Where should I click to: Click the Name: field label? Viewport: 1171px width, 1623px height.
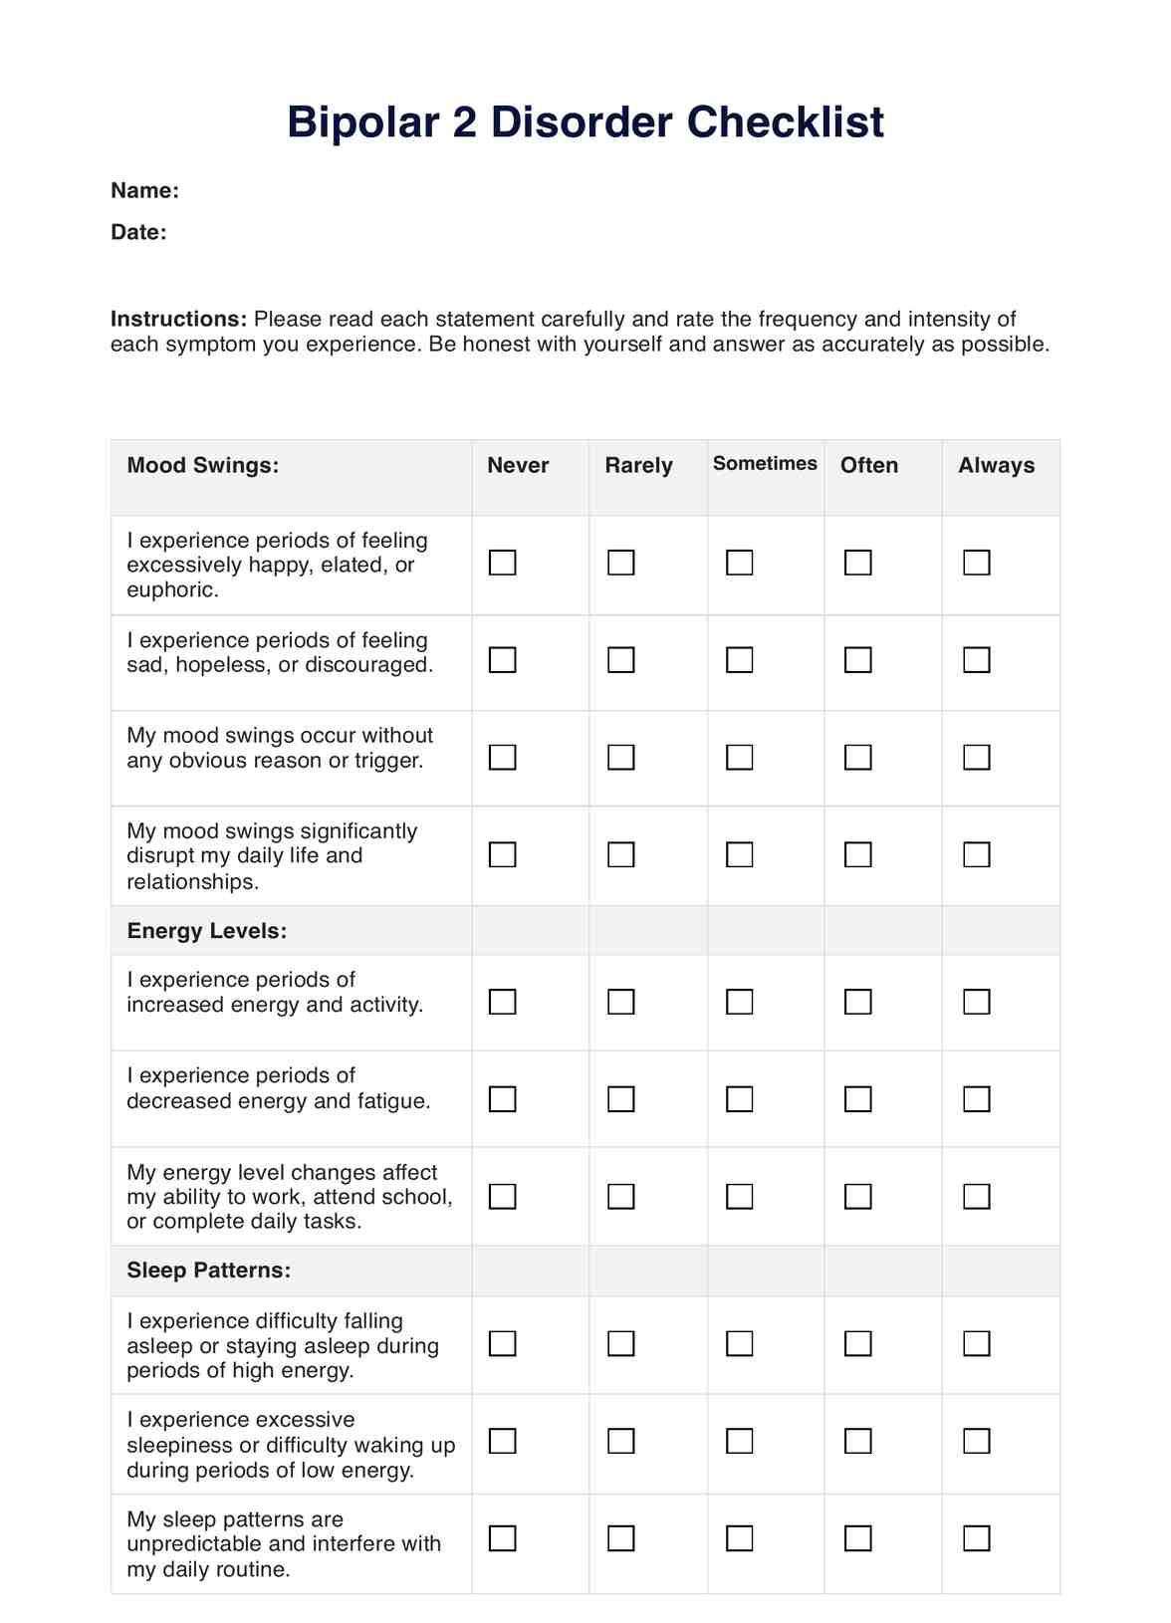[x=144, y=190]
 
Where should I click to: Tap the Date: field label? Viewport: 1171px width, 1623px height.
[x=138, y=232]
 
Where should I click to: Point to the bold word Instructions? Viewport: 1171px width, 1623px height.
[x=178, y=319]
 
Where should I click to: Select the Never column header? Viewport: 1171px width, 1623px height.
[x=518, y=465]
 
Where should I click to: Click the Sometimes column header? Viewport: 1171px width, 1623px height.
[x=765, y=463]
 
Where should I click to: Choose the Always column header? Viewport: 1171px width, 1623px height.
[x=996, y=465]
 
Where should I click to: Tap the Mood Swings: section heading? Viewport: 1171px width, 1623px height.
[x=202, y=465]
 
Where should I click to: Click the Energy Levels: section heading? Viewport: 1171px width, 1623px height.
[x=206, y=931]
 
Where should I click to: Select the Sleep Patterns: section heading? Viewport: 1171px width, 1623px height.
[x=208, y=1271]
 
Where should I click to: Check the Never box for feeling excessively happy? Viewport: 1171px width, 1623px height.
[x=503, y=563]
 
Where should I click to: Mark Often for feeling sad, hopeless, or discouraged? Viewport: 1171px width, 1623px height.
[x=858, y=660]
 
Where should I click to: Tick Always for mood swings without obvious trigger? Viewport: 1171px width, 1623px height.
[x=977, y=758]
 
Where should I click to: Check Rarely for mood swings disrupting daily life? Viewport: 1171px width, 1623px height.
[x=621, y=854]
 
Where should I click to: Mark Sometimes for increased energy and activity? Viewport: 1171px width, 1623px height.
[x=740, y=1002]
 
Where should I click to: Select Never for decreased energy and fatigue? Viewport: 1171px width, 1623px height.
[x=503, y=1099]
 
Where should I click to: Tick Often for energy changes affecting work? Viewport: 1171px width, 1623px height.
[x=858, y=1196]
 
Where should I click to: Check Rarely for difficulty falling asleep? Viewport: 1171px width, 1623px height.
[x=621, y=1344]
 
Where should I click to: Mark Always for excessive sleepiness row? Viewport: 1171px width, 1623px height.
[x=977, y=1441]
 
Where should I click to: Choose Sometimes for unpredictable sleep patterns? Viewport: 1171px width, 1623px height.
[x=740, y=1538]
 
